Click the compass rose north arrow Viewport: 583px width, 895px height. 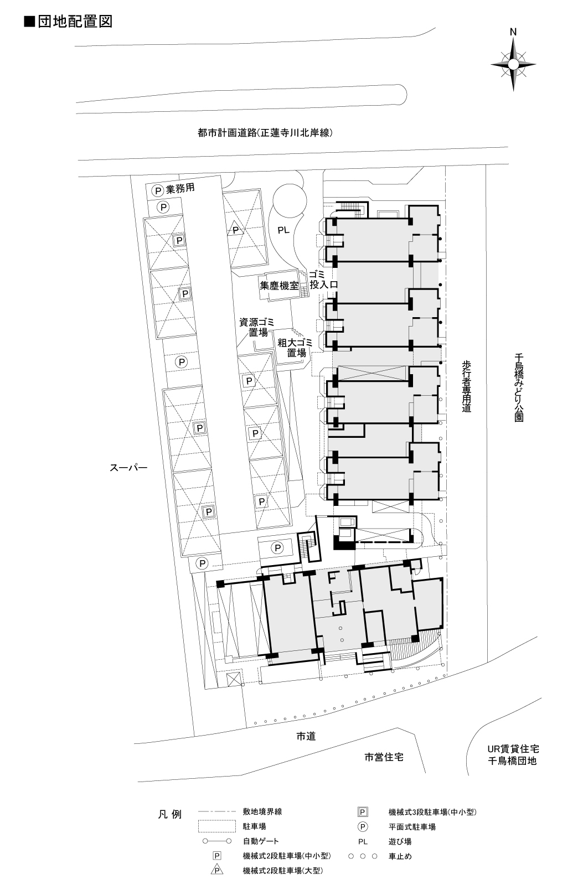513,64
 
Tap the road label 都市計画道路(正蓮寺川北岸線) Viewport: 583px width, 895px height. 265,133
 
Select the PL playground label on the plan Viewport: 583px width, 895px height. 283,230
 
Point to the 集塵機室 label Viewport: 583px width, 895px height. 279,286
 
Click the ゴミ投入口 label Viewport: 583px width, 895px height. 323,280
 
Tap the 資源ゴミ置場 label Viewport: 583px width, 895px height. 257,327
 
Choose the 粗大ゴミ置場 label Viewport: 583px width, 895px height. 295,348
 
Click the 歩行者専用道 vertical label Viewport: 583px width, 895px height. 466,386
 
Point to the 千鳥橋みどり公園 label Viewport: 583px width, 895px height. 519,387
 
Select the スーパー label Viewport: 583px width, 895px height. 128,468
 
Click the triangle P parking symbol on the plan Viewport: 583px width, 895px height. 235,229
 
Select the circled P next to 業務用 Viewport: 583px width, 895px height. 158,190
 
